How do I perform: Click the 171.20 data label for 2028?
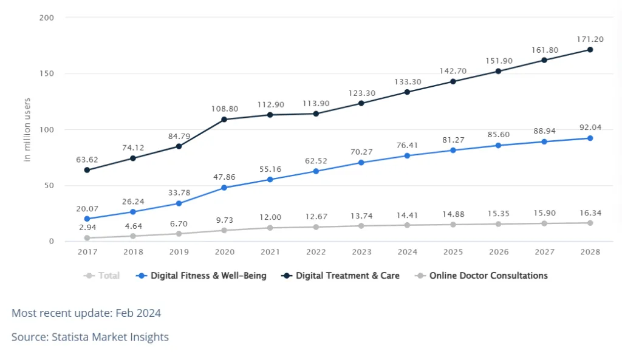click(x=589, y=39)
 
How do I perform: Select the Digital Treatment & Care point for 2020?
click(x=224, y=120)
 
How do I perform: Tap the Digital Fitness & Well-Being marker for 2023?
click(x=361, y=163)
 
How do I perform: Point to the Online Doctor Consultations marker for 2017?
click(x=87, y=238)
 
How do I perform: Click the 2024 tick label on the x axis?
click(x=407, y=252)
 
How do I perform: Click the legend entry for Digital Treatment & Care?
click(x=341, y=276)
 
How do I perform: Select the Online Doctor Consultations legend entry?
click(x=482, y=276)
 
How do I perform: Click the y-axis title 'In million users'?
click(x=27, y=129)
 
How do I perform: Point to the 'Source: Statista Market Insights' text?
click(x=90, y=337)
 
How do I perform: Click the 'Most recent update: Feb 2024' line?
click(x=86, y=313)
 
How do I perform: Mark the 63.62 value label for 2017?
click(x=87, y=160)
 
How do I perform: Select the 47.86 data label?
click(x=224, y=177)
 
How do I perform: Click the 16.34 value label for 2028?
click(x=589, y=213)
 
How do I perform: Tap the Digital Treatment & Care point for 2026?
click(x=498, y=71)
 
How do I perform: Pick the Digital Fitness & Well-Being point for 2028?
click(x=589, y=138)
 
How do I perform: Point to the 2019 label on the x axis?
click(x=179, y=252)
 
